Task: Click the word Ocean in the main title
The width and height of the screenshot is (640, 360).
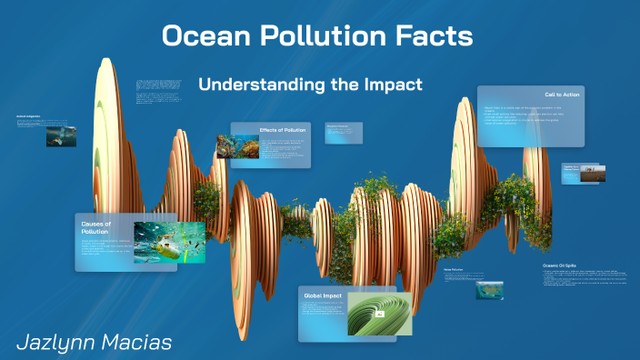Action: (203, 36)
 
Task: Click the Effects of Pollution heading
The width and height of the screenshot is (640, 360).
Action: (283, 130)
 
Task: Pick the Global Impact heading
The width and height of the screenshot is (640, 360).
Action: (323, 295)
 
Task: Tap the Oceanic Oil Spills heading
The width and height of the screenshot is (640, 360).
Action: (559, 265)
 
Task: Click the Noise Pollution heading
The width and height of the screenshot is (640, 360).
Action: (454, 270)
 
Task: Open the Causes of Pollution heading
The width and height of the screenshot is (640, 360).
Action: (95, 227)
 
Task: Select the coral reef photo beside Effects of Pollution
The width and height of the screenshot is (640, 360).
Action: (237, 145)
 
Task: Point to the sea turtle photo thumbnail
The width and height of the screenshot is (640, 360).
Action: (61, 135)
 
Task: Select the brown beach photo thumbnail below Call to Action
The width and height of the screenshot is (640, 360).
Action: (593, 173)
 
